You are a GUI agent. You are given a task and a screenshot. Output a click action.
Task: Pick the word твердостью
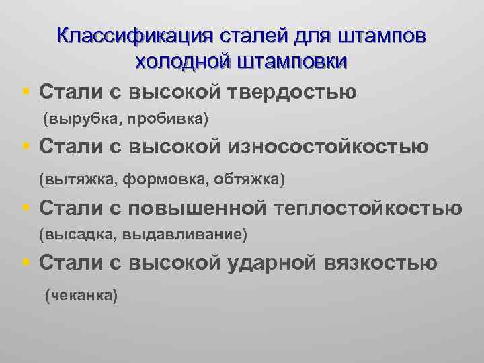pyautogui.click(x=291, y=90)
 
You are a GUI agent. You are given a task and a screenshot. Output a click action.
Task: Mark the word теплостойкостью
pyautogui.click(x=368, y=208)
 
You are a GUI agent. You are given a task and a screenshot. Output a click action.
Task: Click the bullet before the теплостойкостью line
pyautogui.click(x=24, y=208)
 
